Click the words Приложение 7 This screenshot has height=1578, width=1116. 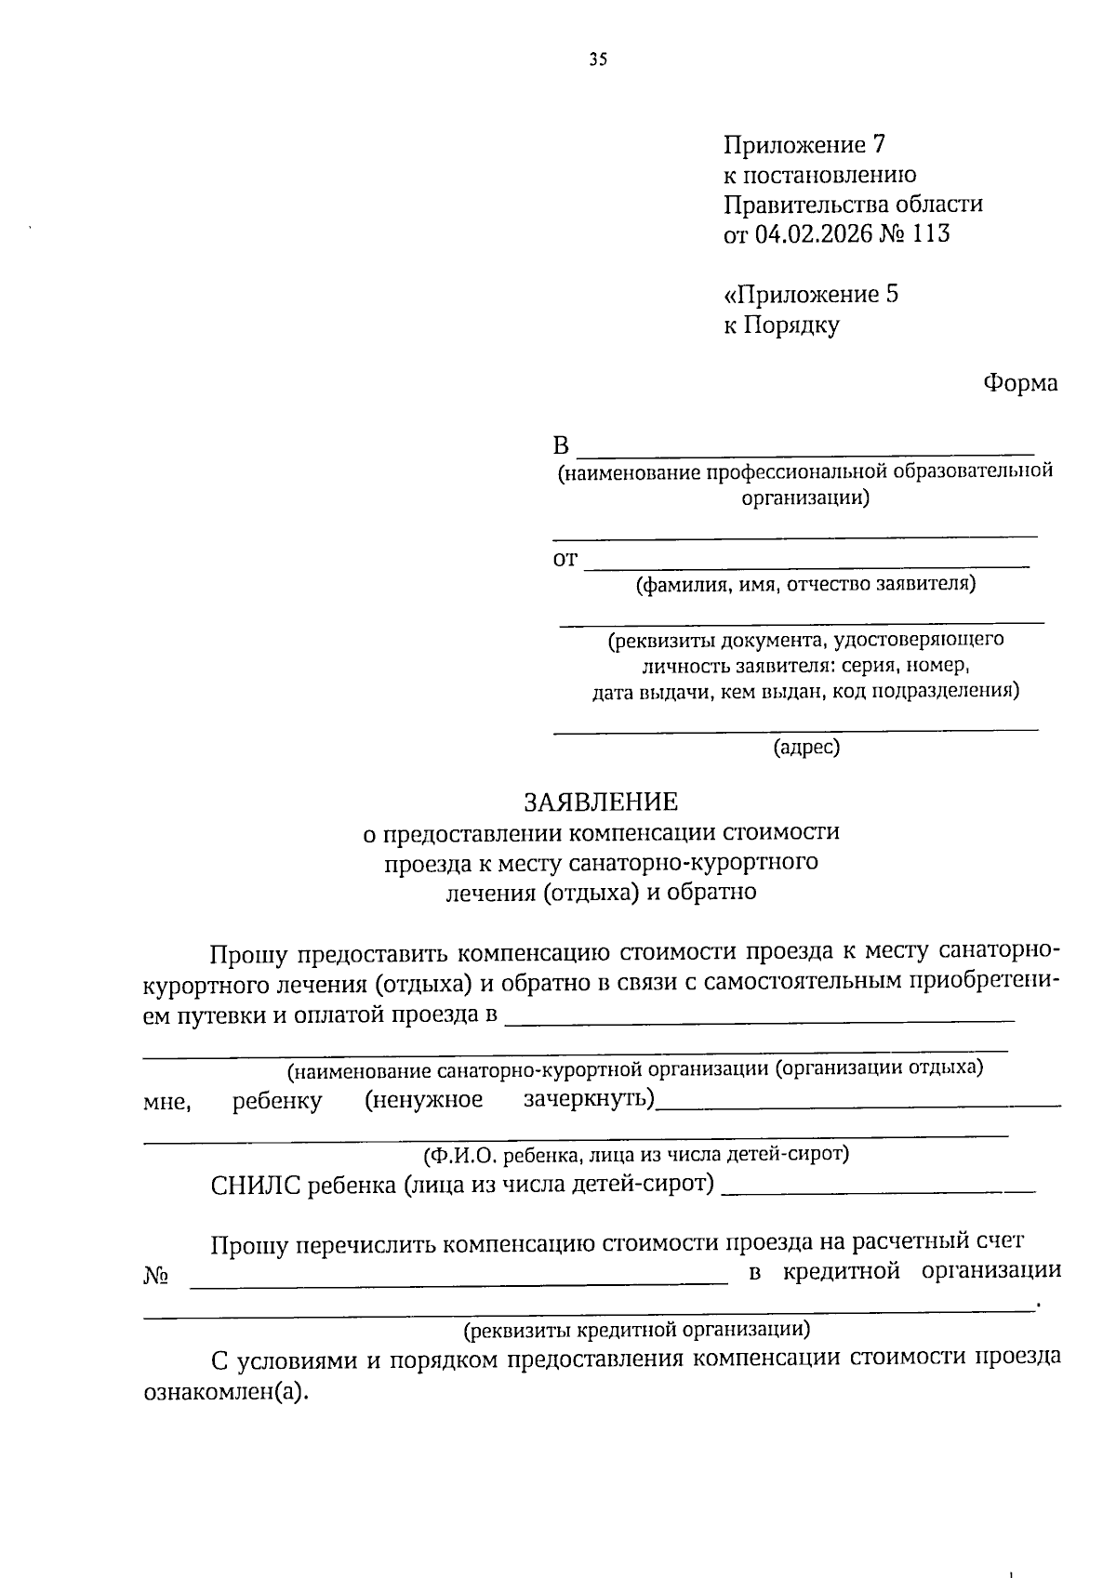tap(804, 145)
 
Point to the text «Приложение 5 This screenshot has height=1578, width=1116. tap(811, 295)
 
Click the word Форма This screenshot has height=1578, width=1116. tap(1020, 383)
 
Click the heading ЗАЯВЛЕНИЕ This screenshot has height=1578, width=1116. tap(601, 801)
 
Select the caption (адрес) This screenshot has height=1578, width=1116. tap(806, 747)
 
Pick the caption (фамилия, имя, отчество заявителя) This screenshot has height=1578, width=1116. tap(805, 584)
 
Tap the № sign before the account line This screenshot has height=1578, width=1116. tap(155, 1275)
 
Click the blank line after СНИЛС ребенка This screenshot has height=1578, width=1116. tap(878, 1189)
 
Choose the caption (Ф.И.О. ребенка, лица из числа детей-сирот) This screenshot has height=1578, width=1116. tap(636, 1155)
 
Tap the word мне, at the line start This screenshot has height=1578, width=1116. tap(166, 1103)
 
